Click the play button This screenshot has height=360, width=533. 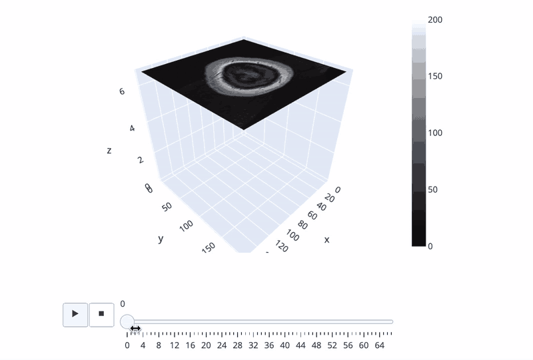[x=75, y=315]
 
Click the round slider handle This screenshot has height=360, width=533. [x=127, y=321]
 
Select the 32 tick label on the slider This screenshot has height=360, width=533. [x=253, y=345]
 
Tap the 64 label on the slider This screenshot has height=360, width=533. [x=379, y=345]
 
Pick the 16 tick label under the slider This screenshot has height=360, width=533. [x=190, y=345]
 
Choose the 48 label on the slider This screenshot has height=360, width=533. [x=316, y=345]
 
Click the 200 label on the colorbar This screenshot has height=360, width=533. [x=435, y=20]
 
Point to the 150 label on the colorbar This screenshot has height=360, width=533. [x=435, y=76]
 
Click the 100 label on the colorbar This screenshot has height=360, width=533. [x=435, y=133]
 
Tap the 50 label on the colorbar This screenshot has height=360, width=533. [x=432, y=189]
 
